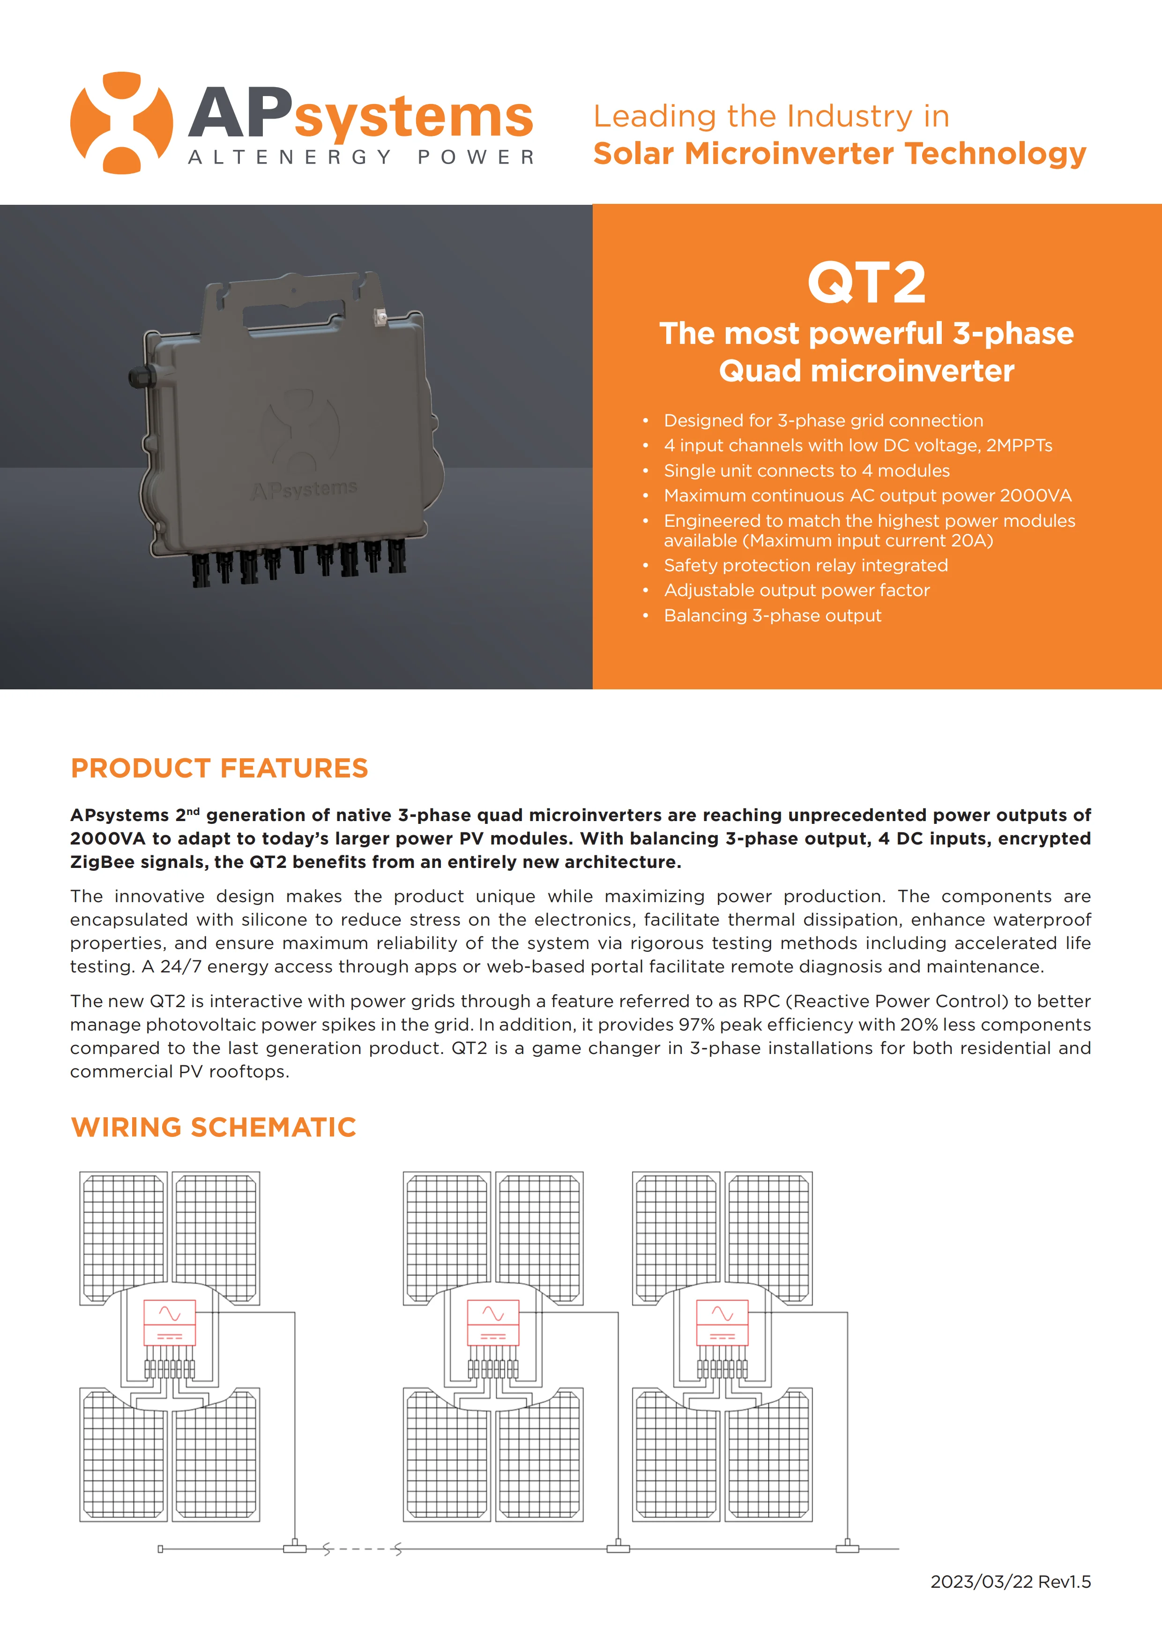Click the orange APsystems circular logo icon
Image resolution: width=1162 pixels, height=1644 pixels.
(122, 123)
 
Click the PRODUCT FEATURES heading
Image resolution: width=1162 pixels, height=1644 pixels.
(219, 768)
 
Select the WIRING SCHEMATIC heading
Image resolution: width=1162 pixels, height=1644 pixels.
(213, 1127)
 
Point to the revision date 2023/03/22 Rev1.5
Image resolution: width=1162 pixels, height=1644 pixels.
(1010, 1582)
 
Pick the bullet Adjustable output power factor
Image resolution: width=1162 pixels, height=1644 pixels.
(796, 590)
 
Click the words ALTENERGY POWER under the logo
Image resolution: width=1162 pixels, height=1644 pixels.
(362, 157)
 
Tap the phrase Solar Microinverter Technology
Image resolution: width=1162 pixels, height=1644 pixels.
(839, 154)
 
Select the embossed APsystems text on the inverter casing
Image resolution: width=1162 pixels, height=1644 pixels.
(304, 490)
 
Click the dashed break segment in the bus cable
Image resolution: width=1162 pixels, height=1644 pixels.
(362, 1549)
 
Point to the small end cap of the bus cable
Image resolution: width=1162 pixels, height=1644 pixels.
(160, 1549)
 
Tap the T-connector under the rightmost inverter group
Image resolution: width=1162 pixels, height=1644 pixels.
(847, 1548)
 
